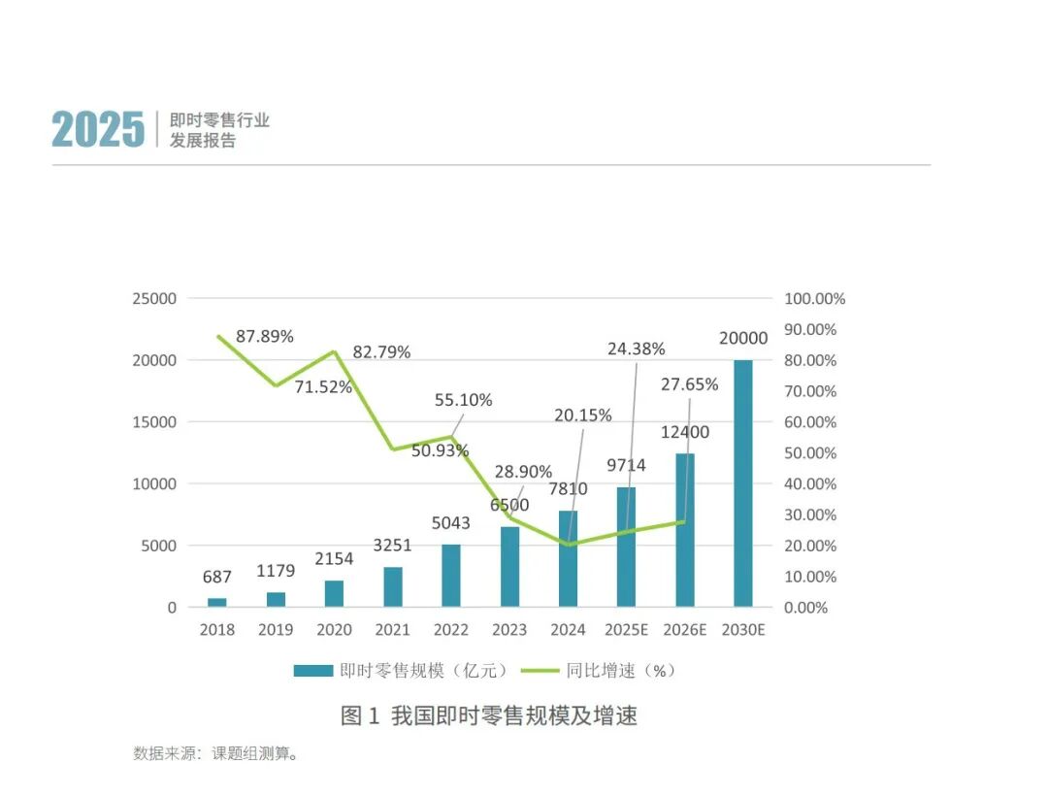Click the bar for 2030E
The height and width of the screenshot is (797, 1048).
pyautogui.click(x=742, y=483)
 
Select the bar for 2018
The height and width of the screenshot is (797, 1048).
pyautogui.click(x=217, y=602)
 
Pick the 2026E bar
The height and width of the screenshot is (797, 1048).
pyautogui.click(x=685, y=530)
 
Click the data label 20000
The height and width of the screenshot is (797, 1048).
pyautogui.click(x=742, y=338)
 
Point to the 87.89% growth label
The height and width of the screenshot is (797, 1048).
pyautogui.click(x=265, y=336)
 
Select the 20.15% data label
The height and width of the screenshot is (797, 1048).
pyautogui.click(x=583, y=415)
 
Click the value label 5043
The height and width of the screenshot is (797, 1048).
pyautogui.click(x=451, y=523)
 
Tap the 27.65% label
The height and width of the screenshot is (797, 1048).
pyautogui.click(x=690, y=384)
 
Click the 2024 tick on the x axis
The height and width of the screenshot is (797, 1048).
pyautogui.click(x=568, y=630)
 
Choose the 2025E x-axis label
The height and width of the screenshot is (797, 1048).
pyautogui.click(x=626, y=630)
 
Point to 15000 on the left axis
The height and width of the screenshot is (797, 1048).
pyautogui.click(x=155, y=422)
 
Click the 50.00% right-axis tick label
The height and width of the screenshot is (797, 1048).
pyautogui.click(x=810, y=453)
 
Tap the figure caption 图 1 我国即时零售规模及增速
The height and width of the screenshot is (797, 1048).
pyautogui.click(x=489, y=716)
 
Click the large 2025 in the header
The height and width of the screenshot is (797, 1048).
pyautogui.click(x=98, y=130)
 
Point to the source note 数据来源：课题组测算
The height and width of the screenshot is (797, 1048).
pyautogui.click(x=215, y=753)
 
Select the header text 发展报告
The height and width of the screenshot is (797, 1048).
pyautogui.click(x=203, y=141)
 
